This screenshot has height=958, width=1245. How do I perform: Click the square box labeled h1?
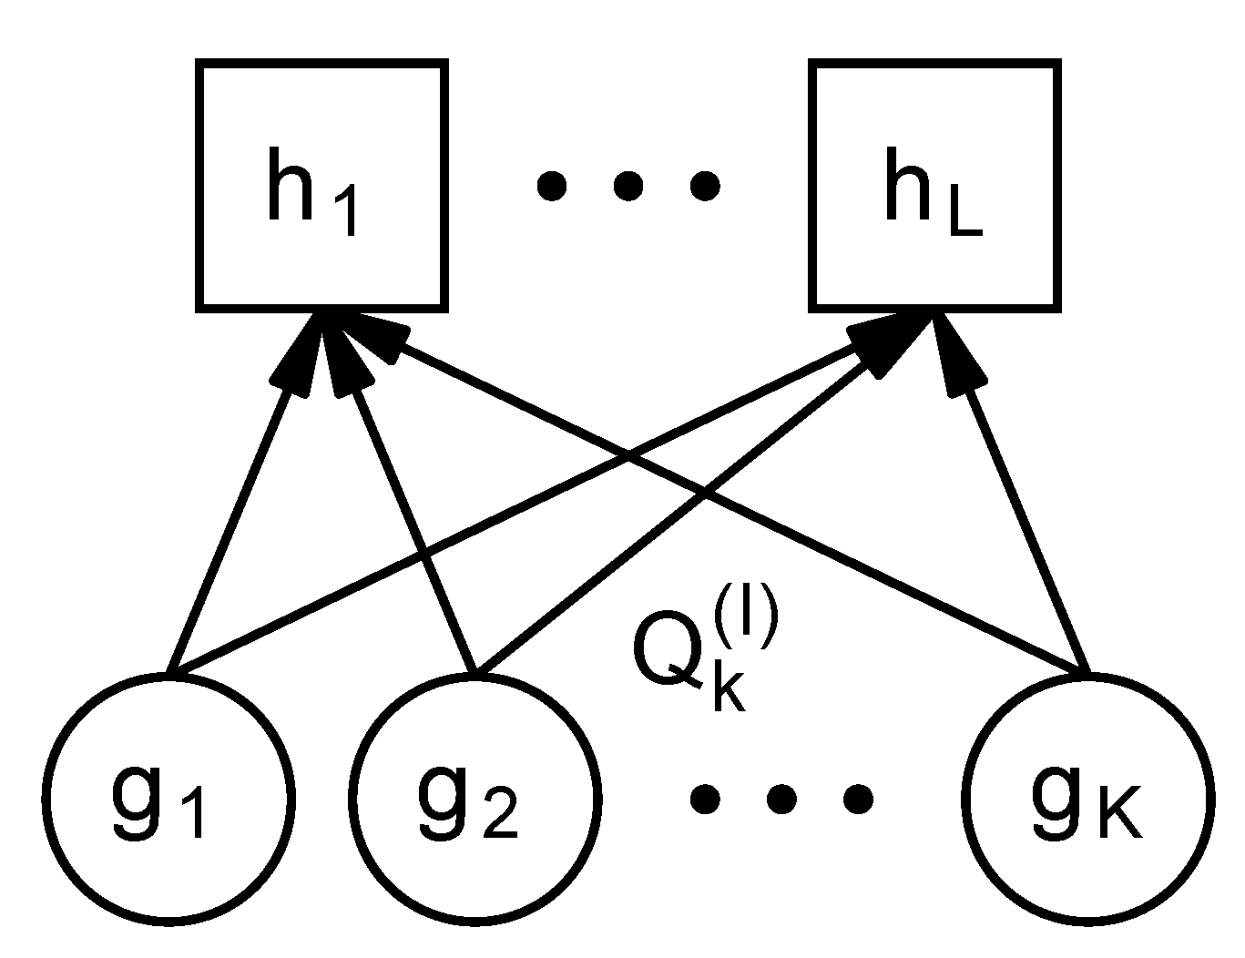point(321,185)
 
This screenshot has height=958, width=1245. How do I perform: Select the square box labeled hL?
point(935,185)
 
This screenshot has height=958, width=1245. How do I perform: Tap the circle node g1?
point(168,799)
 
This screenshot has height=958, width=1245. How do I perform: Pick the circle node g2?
point(475,799)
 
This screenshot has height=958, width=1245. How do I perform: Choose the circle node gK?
point(1088,799)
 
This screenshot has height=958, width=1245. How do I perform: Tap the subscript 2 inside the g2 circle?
point(499,820)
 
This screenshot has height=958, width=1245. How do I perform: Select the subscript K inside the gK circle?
point(1117,819)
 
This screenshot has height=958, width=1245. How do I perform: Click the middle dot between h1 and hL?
point(627,187)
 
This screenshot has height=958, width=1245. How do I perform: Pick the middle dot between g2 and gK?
point(781,800)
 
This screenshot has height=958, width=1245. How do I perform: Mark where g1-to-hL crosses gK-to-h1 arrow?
point(628,457)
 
